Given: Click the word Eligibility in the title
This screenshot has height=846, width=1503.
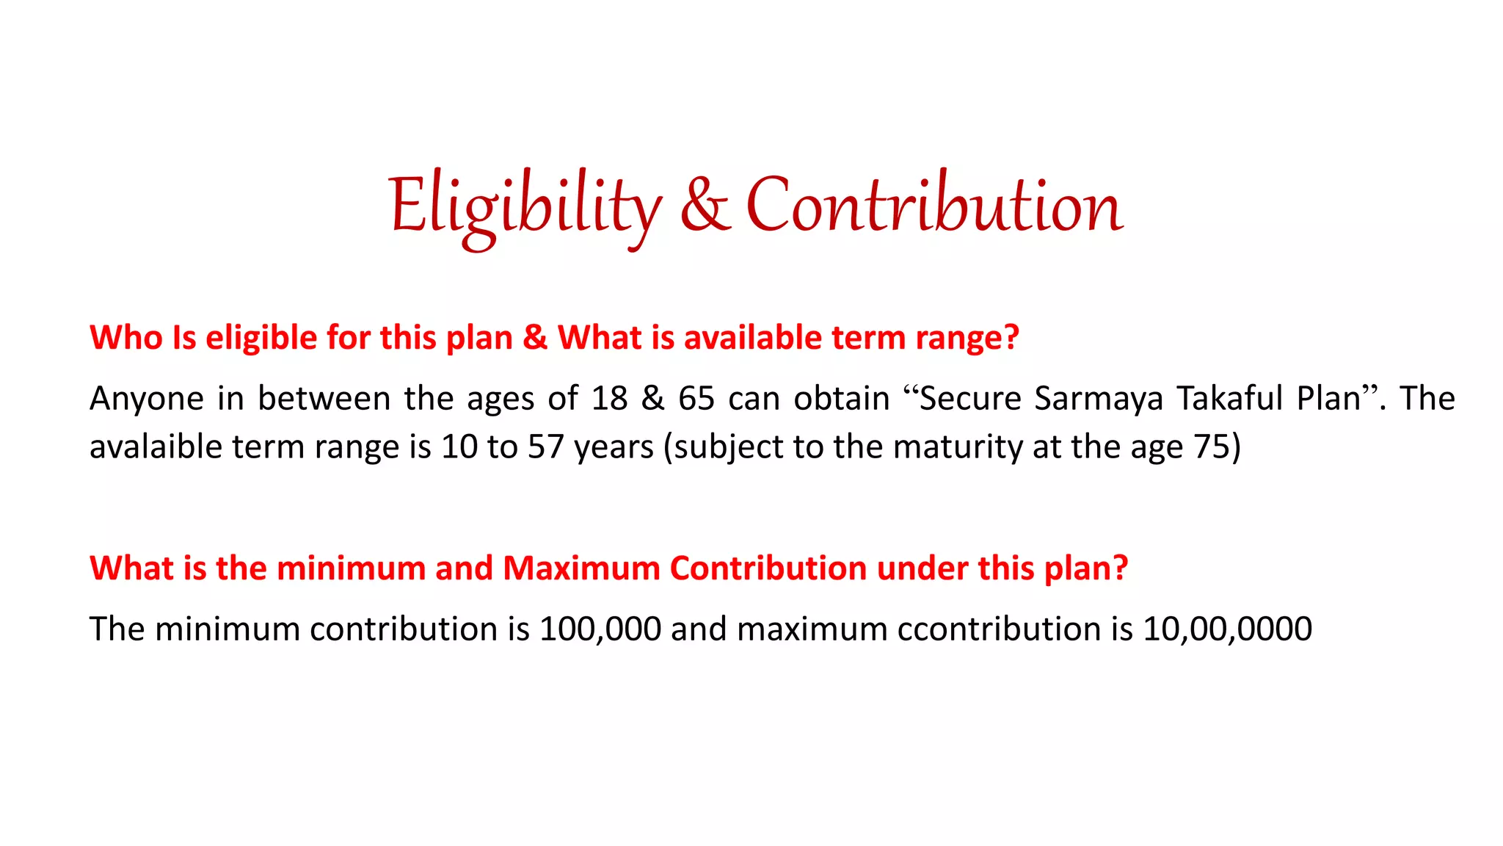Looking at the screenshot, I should tap(524, 207).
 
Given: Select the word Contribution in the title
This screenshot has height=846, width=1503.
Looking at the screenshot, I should tap(934, 207).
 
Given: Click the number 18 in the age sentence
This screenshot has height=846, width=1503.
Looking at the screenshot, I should tap(609, 399).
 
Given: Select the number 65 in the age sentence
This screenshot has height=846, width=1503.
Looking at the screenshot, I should tap(696, 399).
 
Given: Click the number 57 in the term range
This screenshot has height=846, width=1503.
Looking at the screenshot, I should tap(545, 446).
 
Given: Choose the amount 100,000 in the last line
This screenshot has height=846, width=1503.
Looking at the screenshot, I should tap(600, 629).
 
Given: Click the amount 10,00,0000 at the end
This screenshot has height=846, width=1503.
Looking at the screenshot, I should tap(1227, 629).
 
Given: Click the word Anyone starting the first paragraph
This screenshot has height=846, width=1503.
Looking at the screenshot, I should tap(147, 399).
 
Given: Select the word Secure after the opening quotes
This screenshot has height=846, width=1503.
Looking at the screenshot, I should tap(970, 399).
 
